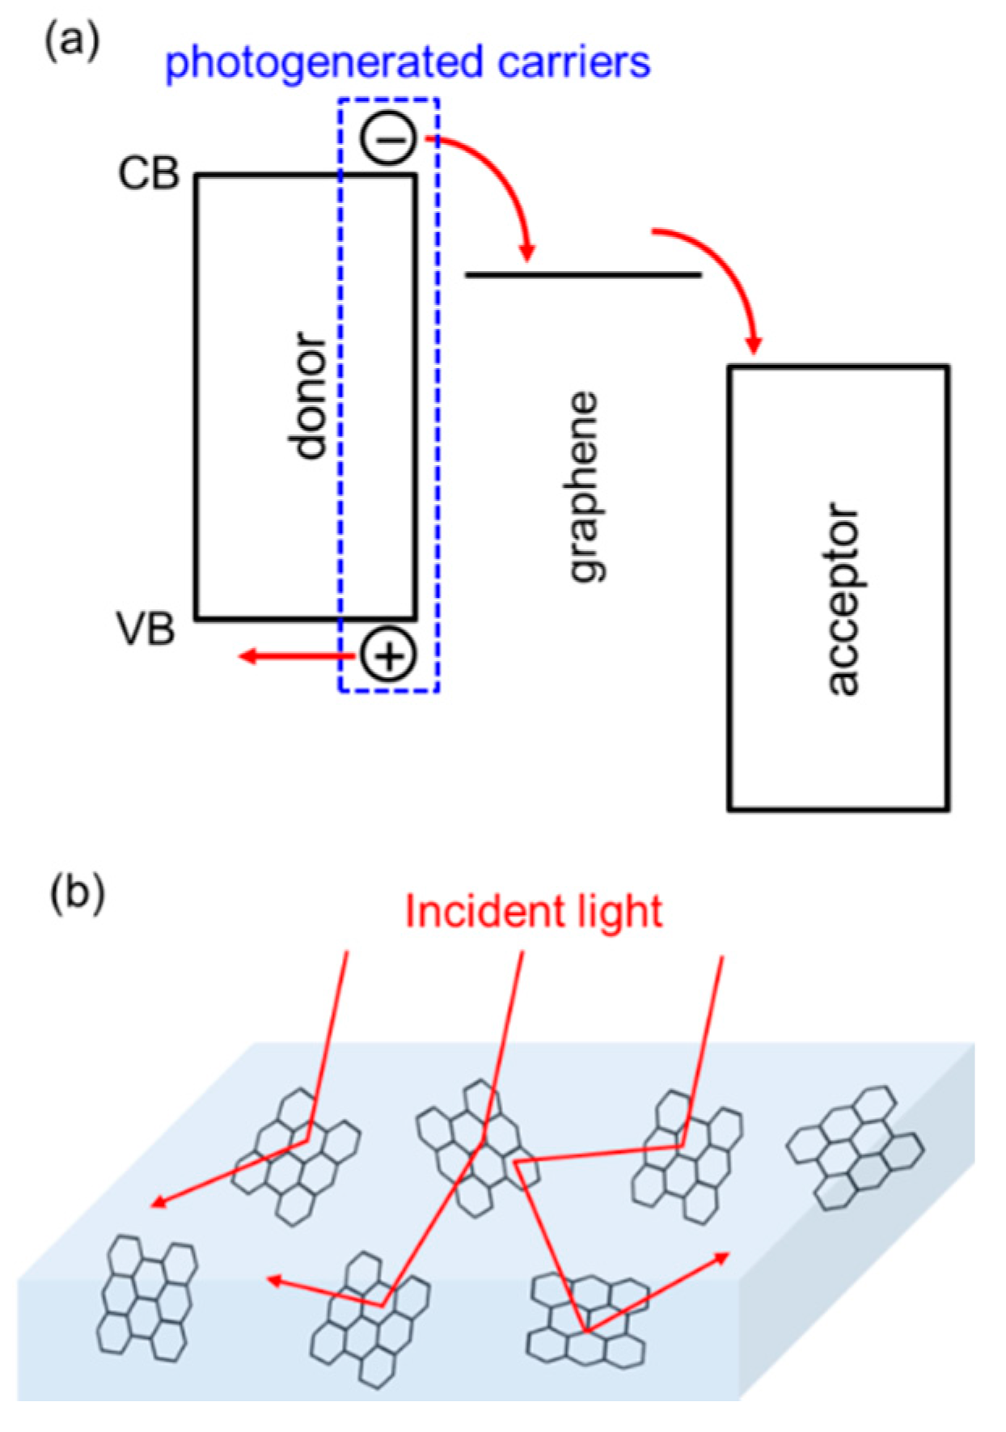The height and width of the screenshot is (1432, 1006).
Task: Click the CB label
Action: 148,173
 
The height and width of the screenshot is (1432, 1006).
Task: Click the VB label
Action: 146,629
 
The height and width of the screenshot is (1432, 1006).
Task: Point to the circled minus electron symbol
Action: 389,139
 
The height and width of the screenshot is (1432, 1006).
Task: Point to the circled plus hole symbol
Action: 388,655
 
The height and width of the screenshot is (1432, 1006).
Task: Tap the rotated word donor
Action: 309,395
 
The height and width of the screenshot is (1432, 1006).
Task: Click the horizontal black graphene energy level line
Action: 582,275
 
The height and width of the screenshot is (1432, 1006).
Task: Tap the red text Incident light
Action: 533,912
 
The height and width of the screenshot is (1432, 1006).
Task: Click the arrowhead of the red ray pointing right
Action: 722,1256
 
